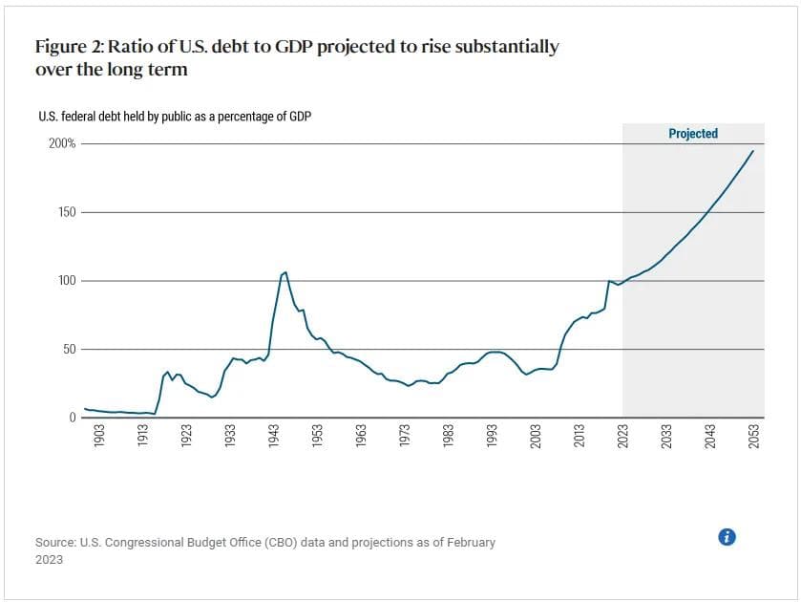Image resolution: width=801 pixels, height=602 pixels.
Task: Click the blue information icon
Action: coord(727,537)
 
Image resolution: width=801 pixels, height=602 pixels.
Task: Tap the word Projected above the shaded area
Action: coord(693,134)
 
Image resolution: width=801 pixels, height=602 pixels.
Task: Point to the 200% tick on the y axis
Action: coord(64,144)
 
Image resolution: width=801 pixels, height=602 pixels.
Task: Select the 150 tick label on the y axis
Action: coord(67,212)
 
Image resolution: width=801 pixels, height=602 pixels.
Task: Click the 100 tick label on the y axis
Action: coord(67,281)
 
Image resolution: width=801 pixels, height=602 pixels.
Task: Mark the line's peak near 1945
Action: coord(285,272)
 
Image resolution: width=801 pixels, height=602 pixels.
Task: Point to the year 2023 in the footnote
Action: coord(49,560)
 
